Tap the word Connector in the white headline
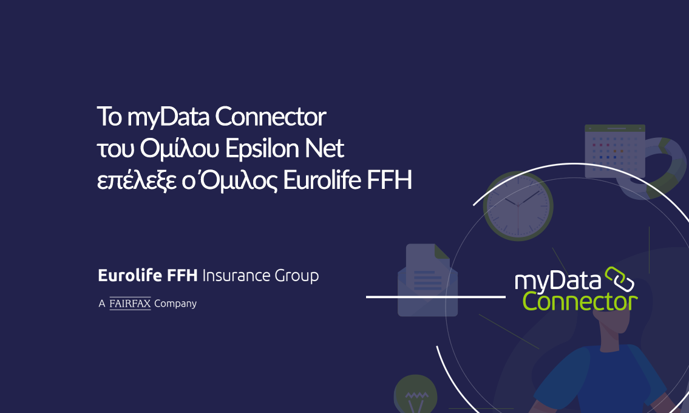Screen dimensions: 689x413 point(270,117)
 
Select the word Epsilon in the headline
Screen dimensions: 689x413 point(262,149)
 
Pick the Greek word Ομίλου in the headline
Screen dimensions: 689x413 point(179,149)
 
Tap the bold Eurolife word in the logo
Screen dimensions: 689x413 point(130,275)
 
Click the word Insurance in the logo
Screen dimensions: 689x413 point(236,276)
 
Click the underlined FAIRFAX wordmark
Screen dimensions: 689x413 point(130,304)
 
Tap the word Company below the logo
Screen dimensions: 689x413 point(175,304)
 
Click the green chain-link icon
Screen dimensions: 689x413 point(620,279)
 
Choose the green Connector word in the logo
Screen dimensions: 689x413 point(580,302)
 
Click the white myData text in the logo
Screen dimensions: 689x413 point(558,281)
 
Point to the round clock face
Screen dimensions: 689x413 point(518,206)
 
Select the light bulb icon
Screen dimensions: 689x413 point(415,394)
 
